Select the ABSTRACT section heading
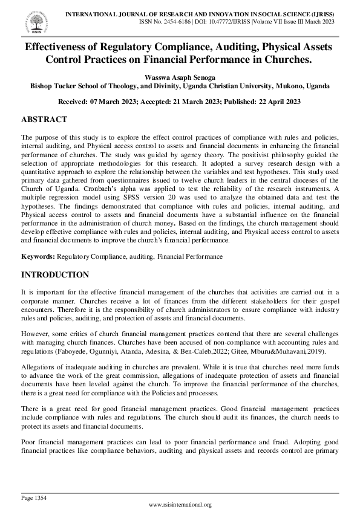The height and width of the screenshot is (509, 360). point(44,120)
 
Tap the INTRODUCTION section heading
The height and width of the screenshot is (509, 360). point(55,274)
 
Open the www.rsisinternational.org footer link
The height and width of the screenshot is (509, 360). point(180,505)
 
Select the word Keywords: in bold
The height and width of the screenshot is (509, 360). point(38,257)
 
